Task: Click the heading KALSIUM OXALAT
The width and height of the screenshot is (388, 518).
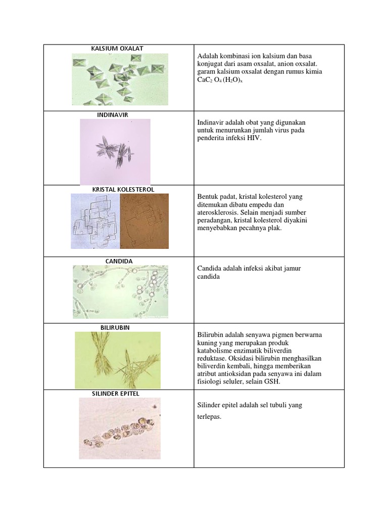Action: [x=117, y=49]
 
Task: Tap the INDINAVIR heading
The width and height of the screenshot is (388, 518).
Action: [x=113, y=115]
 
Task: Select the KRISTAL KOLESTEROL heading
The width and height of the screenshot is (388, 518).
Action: [x=123, y=189]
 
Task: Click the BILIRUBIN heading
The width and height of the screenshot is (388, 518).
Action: [x=115, y=327]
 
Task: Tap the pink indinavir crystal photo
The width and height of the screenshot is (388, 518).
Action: [x=115, y=151]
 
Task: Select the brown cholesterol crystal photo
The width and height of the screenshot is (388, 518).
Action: [x=144, y=221]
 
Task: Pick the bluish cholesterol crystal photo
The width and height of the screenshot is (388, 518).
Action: [x=95, y=221]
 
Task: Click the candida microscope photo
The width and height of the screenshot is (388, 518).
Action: [x=120, y=292]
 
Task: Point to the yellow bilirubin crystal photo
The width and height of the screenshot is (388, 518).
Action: [x=118, y=360]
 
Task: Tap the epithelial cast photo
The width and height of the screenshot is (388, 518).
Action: [x=120, y=428]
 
